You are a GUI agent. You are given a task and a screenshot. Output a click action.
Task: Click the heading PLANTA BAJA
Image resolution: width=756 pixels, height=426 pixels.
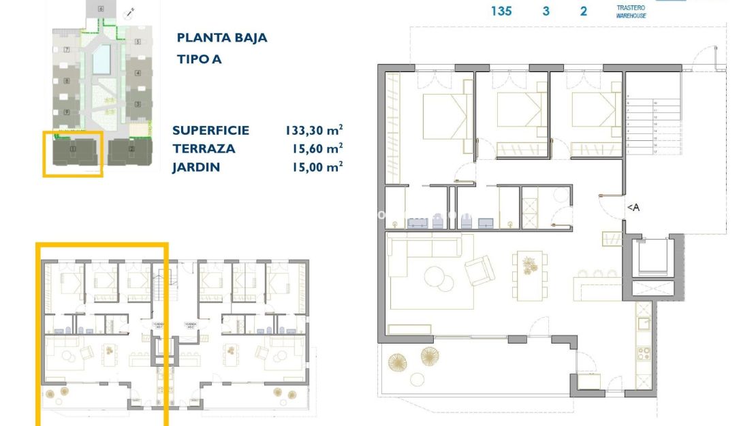pyautogui.click(x=221, y=38)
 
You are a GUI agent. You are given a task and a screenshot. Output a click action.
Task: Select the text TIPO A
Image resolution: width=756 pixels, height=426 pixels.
pyautogui.click(x=199, y=59)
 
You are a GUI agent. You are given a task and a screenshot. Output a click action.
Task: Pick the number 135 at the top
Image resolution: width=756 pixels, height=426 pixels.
pyautogui.click(x=501, y=11)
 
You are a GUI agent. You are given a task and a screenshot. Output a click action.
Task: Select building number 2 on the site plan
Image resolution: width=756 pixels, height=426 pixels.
pyautogui.click(x=131, y=149)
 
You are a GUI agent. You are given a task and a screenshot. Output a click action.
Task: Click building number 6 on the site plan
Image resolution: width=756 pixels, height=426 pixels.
pyautogui.click(x=101, y=9)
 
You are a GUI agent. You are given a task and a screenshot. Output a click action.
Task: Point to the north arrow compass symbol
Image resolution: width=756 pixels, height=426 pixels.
pyautogui.click(x=129, y=12)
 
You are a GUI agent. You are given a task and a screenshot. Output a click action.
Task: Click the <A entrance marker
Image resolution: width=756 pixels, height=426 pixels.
pyautogui.click(x=633, y=208)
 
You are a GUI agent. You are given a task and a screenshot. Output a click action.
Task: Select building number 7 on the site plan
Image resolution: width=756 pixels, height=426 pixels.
pyautogui.click(x=67, y=50)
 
